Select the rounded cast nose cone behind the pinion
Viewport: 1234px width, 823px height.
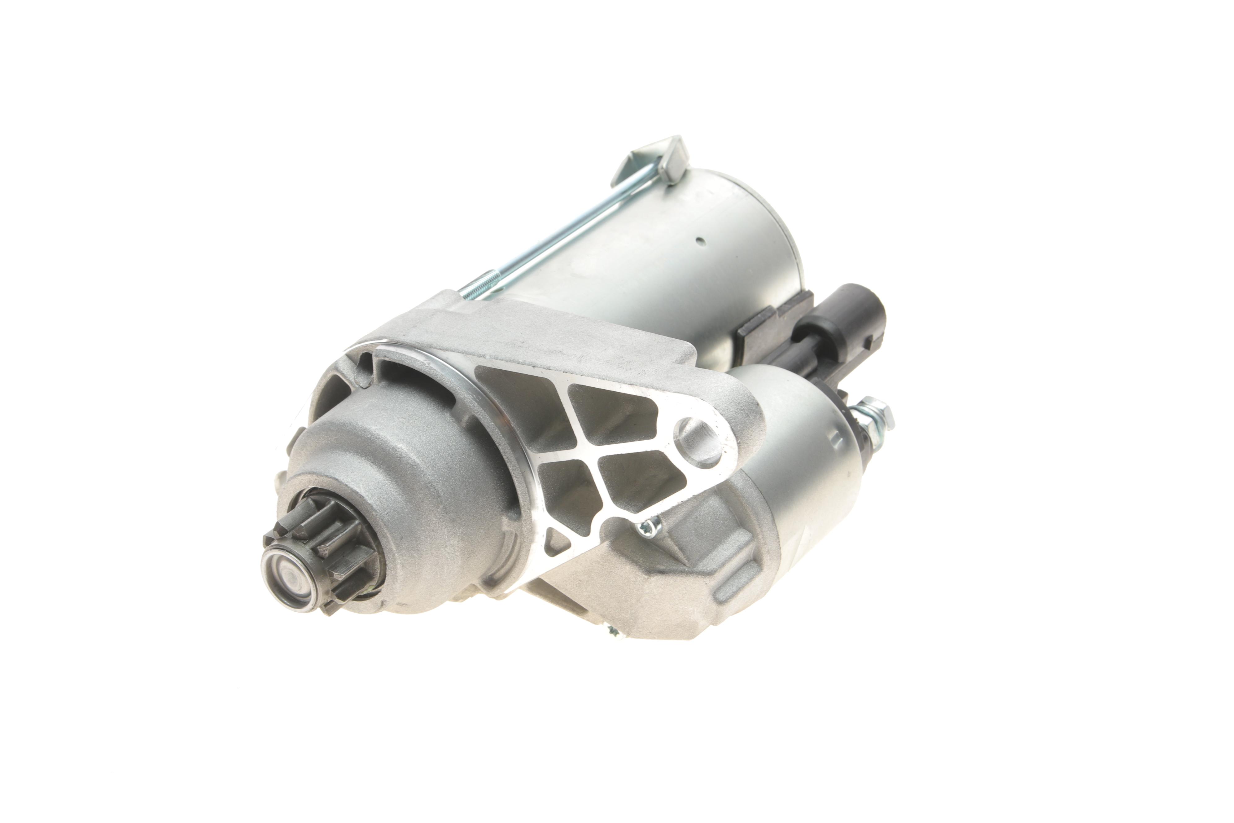[x=409, y=462]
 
